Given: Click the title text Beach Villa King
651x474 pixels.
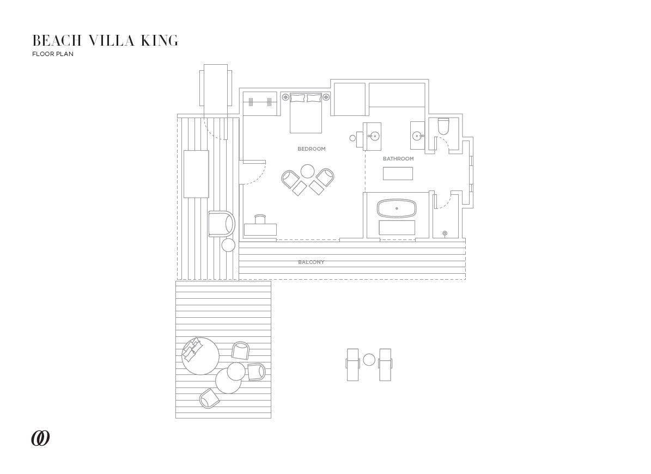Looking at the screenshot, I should pyautogui.click(x=105, y=41).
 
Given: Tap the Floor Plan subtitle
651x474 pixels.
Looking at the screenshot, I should pyautogui.click(x=53, y=54).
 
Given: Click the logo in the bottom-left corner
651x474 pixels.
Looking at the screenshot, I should pyautogui.click(x=40, y=438).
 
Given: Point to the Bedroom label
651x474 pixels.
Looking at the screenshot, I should pyautogui.click(x=311, y=149).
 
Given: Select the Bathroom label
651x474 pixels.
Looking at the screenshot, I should pyautogui.click(x=398, y=159).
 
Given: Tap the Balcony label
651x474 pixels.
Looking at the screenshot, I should pyautogui.click(x=311, y=262).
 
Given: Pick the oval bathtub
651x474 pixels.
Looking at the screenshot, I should pyautogui.click(x=397, y=208).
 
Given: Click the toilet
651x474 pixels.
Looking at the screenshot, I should pyautogui.click(x=443, y=126).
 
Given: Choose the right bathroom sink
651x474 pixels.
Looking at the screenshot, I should pyautogui.click(x=418, y=135).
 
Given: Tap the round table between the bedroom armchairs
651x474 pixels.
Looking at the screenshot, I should pyautogui.click(x=308, y=171).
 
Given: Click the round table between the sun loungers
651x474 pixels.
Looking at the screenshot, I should pyautogui.click(x=369, y=360).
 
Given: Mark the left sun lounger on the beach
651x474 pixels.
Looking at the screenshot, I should pyautogui.click(x=352, y=365).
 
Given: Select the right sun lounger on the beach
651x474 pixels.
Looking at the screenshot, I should pyautogui.click(x=385, y=365).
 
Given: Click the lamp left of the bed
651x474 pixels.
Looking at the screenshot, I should pyautogui.click(x=285, y=96).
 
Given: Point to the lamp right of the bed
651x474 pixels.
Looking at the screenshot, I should pyautogui.click(x=326, y=96).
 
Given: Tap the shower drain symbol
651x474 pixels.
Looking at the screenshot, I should pyautogui.click(x=445, y=233).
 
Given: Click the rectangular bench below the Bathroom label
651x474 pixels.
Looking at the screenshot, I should pyautogui.click(x=398, y=174).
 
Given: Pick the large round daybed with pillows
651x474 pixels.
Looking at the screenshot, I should pyautogui.click(x=200, y=356).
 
